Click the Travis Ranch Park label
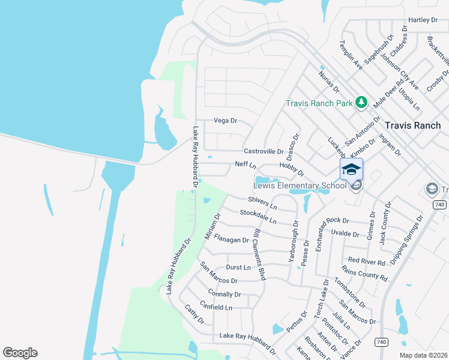tap(319, 103)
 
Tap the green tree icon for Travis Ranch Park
tap(361, 103)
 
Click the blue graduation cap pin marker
tap(351, 169)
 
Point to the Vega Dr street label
tap(226, 121)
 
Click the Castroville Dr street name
tap(263, 151)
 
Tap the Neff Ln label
tap(246, 165)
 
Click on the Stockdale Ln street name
tap(258, 217)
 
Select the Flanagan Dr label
tap(231, 240)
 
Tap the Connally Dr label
tap(224, 294)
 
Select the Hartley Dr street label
tap(423, 20)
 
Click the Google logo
tap(20, 353)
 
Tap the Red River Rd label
tap(366, 261)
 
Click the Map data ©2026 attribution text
tap(423, 355)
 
